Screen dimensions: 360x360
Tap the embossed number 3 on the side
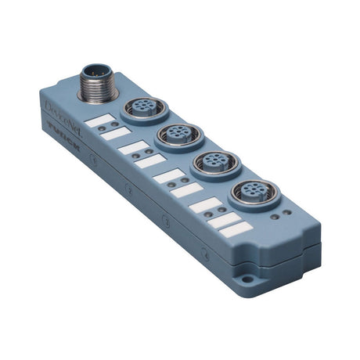coord(165,221)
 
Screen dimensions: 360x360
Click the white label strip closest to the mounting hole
coord(236,229)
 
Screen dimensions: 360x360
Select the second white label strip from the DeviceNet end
coord(117,133)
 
